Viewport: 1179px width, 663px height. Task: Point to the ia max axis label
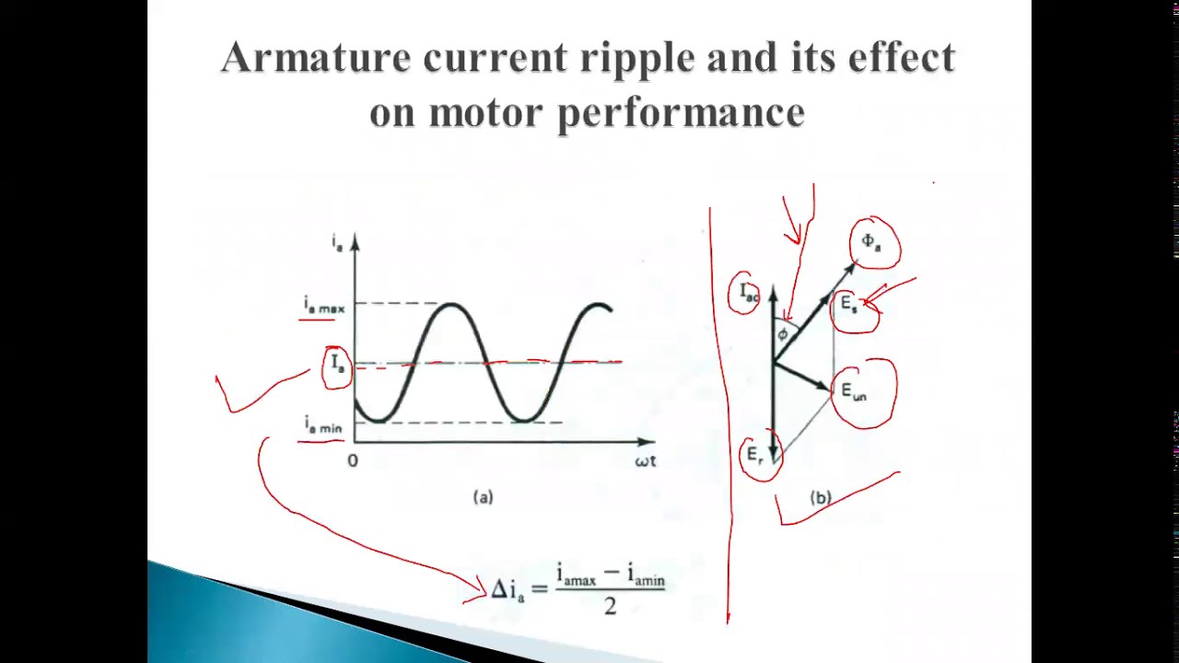tap(323, 306)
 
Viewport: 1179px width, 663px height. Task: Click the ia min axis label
tap(323, 425)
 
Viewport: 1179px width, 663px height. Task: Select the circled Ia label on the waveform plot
tap(338, 364)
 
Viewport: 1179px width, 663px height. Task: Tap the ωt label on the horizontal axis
tap(645, 460)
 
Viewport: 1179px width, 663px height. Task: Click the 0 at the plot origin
tap(353, 460)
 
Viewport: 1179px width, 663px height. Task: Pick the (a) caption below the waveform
tap(483, 497)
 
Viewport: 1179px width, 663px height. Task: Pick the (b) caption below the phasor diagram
tap(820, 498)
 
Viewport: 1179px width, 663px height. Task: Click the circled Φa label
tap(870, 243)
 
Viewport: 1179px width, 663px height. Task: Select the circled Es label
tap(849, 305)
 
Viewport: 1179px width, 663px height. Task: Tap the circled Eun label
tap(854, 392)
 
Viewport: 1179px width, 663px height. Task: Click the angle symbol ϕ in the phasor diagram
tap(782, 334)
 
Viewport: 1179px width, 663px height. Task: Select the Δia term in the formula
tap(508, 590)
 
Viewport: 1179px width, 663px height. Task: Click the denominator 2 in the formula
tap(610, 606)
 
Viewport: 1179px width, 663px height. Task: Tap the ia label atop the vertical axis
tap(338, 242)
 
